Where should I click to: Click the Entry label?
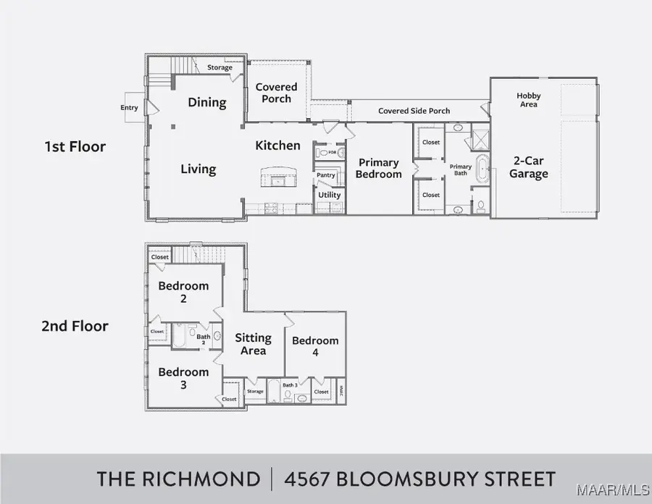tap(129, 108)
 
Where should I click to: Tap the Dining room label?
tap(207, 102)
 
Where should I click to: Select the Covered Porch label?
tap(276, 93)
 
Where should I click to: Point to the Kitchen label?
tap(277, 145)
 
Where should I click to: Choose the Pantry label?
tap(325, 175)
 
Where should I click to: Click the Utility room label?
tap(329, 195)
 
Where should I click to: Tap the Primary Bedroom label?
tap(379, 168)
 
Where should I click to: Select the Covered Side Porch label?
tap(414, 111)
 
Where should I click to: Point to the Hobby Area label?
tap(528, 100)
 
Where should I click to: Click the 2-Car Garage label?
tap(528, 167)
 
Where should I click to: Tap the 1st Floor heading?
tap(75, 146)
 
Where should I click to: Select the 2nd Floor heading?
tap(75, 326)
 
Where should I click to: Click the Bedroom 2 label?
tap(183, 292)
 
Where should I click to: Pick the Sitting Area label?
tap(253, 344)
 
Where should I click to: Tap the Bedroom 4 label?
tap(315, 346)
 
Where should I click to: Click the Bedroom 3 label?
tap(183, 378)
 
